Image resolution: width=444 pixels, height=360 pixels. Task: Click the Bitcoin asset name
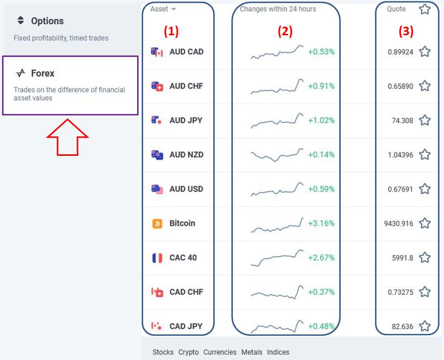point(182,223)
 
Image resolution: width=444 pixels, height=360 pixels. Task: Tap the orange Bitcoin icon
point(157,223)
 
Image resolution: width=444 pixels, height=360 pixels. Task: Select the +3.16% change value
point(321,223)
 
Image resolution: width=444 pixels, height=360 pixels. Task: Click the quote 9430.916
point(399,223)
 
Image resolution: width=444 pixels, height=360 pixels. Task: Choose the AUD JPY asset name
point(186,121)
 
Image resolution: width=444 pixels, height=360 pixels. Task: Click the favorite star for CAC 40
point(425,258)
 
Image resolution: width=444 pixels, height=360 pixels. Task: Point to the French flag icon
point(157,258)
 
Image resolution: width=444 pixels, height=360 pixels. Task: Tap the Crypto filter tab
point(188,352)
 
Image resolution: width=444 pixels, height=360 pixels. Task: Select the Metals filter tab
point(251,352)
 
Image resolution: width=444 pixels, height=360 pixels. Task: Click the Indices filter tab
point(278,352)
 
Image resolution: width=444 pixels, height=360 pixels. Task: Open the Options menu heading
point(47,21)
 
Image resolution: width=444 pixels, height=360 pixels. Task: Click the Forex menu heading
point(42,73)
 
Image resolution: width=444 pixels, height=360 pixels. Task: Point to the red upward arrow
point(68,137)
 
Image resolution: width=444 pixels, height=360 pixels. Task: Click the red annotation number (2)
point(285,31)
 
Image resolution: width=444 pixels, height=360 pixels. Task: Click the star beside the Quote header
point(425,9)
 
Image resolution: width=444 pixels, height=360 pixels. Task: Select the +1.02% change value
point(321,121)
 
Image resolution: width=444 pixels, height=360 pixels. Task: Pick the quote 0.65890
point(400,86)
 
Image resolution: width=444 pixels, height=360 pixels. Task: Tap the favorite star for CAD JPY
point(425,326)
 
